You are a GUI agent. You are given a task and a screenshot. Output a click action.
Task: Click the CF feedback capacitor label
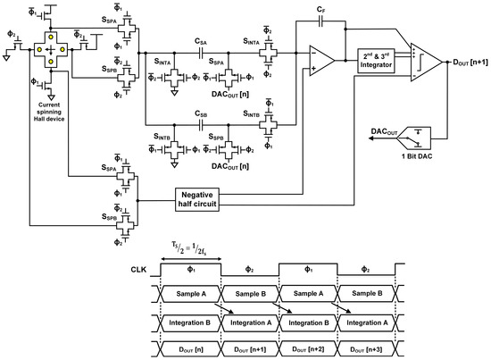pos(320,8)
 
